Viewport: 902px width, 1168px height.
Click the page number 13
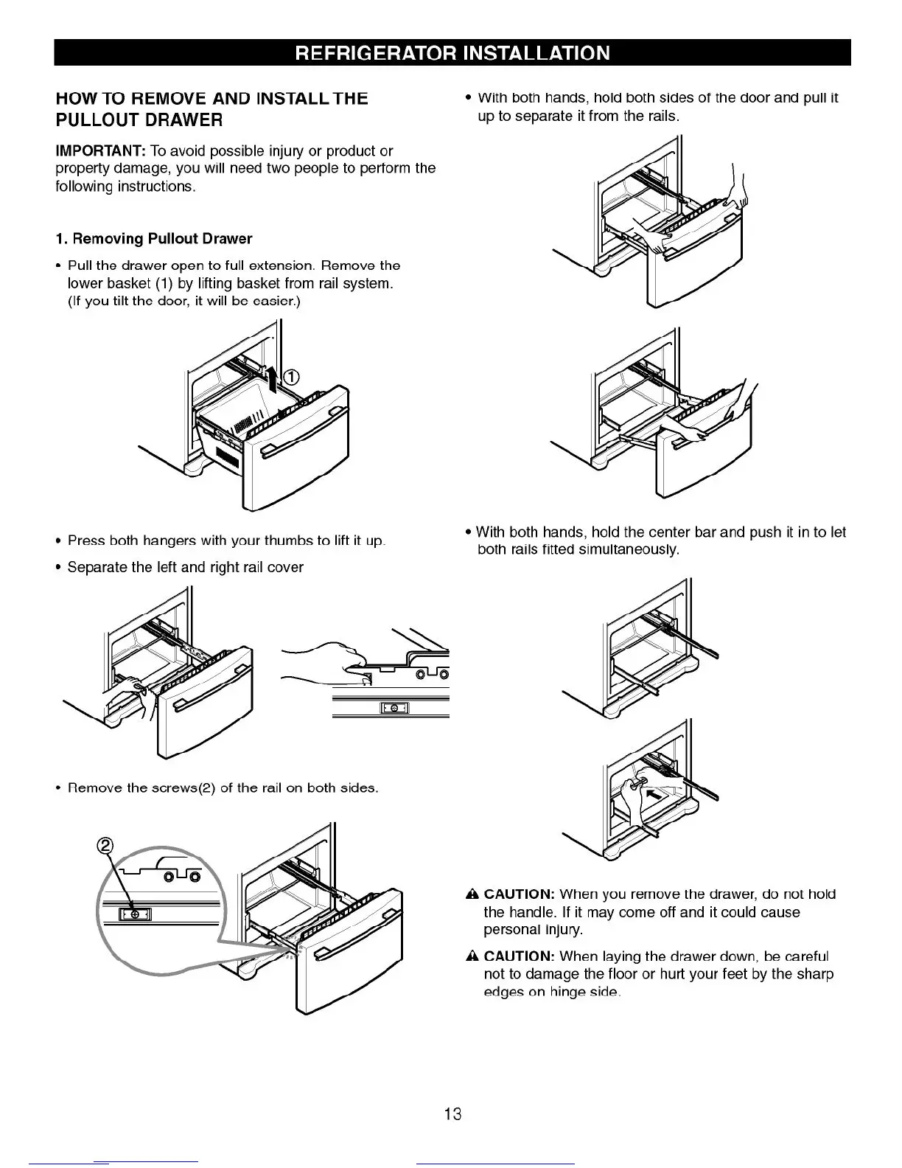452,1113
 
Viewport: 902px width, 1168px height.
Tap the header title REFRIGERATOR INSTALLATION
452,53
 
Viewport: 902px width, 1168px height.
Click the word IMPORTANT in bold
100,151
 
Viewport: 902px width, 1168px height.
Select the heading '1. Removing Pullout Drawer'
154,239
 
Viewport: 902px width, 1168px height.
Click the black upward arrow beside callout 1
273,380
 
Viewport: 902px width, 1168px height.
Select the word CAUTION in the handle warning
519,894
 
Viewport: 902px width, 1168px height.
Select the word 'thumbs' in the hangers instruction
292,540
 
